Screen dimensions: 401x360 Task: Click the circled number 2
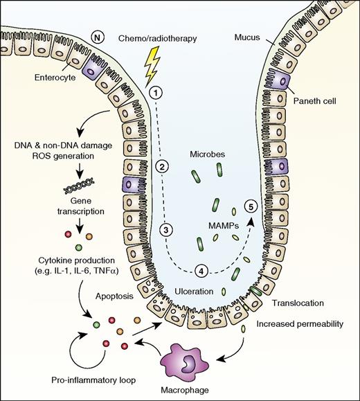161,166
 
